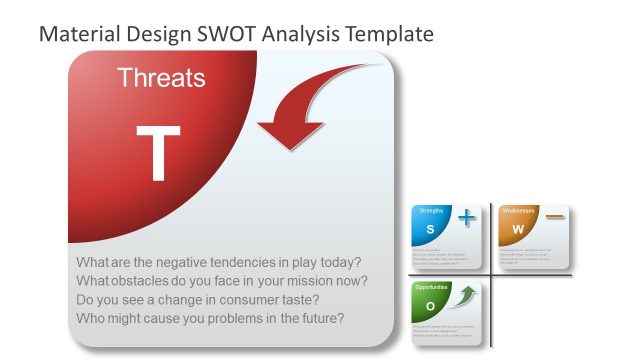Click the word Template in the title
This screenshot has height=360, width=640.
tap(385, 34)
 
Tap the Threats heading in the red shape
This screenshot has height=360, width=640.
tap(161, 78)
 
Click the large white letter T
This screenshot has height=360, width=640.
tap(158, 154)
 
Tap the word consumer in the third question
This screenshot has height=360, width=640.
tap(265, 300)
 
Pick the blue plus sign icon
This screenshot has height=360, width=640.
tap(466, 217)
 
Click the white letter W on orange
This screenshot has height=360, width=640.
tap(518, 229)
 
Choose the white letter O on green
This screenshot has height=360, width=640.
tap(431, 306)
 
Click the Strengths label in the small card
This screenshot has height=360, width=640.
tap(431, 211)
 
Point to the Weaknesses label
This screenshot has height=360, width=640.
tap(518, 211)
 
